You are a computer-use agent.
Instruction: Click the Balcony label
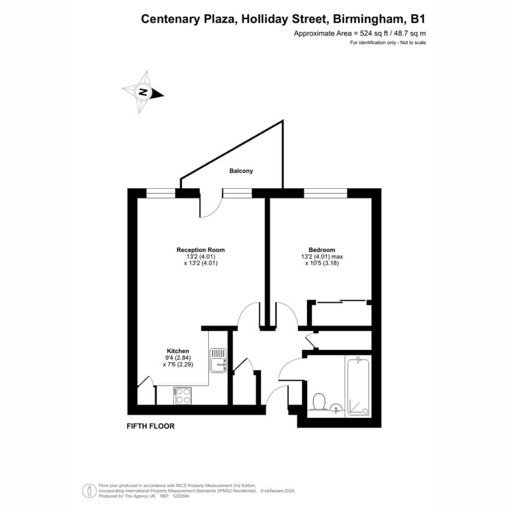(x=241, y=171)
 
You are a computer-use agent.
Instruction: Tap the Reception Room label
(x=201, y=250)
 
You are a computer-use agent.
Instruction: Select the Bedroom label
(x=322, y=250)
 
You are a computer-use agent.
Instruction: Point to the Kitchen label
(x=178, y=351)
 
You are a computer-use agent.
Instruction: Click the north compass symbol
(x=143, y=92)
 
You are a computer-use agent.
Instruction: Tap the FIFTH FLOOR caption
(x=150, y=426)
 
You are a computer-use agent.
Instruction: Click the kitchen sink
(x=218, y=361)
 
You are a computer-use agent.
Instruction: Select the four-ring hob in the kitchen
(x=182, y=395)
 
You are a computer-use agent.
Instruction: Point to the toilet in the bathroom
(x=318, y=401)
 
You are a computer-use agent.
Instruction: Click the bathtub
(x=358, y=386)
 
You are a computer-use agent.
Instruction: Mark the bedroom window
(x=326, y=193)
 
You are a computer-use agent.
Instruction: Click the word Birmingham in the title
(x=369, y=19)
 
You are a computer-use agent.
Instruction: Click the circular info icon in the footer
(x=89, y=491)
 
